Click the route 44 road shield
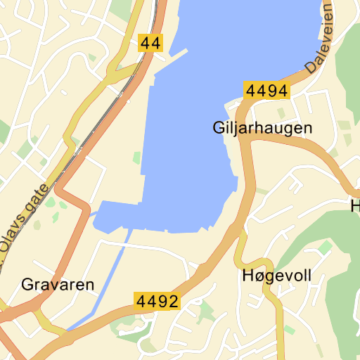(150, 43)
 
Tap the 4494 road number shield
(267, 91)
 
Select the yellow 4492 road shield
(157, 301)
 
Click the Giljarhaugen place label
(262, 129)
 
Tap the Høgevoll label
(276, 275)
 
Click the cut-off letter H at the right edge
(355, 206)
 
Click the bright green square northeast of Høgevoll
(325, 247)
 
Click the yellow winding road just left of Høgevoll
(241, 250)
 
